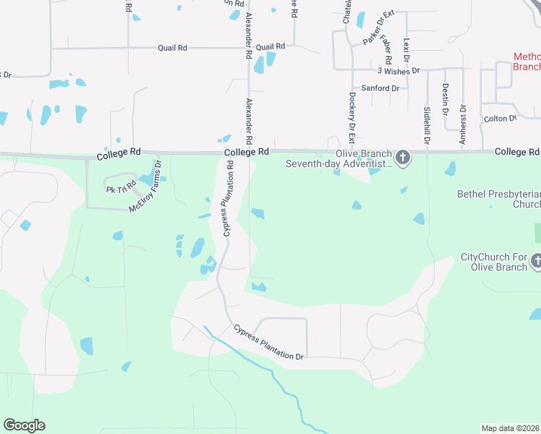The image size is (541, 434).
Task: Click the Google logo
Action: (x=24, y=425)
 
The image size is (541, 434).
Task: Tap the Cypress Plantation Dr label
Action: (x=268, y=342)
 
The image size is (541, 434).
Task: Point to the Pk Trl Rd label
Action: (x=121, y=190)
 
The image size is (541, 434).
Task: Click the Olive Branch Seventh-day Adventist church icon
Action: (x=403, y=157)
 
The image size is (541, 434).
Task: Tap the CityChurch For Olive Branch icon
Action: (x=536, y=260)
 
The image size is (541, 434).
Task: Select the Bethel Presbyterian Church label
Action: (x=499, y=199)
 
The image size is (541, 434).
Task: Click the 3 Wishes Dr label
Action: (x=399, y=71)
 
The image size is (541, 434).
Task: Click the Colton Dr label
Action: (x=500, y=118)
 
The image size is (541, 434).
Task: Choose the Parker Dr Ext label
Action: (x=379, y=27)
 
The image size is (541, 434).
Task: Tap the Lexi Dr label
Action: (x=406, y=49)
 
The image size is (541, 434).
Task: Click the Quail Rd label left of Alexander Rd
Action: (x=173, y=48)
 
